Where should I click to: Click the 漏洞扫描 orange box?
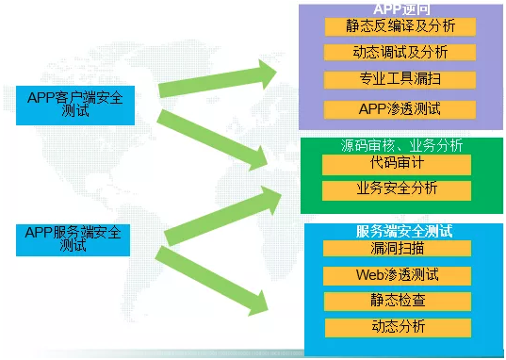pos(397,249)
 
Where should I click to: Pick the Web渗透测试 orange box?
pos(397,276)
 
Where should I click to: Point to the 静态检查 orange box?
pos(397,302)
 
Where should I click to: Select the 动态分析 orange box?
pos(397,328)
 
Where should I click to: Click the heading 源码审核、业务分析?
pos(401,145)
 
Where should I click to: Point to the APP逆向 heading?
pos(400,8)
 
